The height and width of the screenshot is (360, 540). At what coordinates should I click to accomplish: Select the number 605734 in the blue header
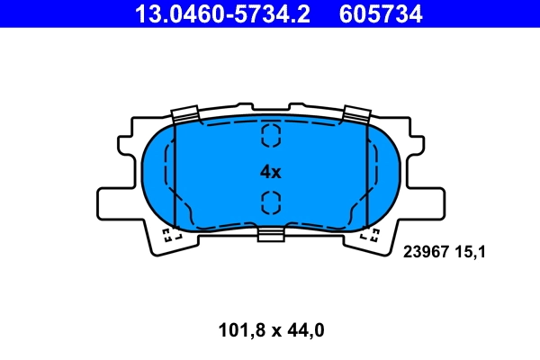tap(380, 13)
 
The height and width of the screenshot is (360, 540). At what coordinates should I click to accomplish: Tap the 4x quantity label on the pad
tap(270, 171)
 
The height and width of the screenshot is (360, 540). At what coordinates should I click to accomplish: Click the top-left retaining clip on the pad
tap(184, 114)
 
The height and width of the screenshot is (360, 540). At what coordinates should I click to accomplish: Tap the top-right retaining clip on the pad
tap(356, 114)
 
